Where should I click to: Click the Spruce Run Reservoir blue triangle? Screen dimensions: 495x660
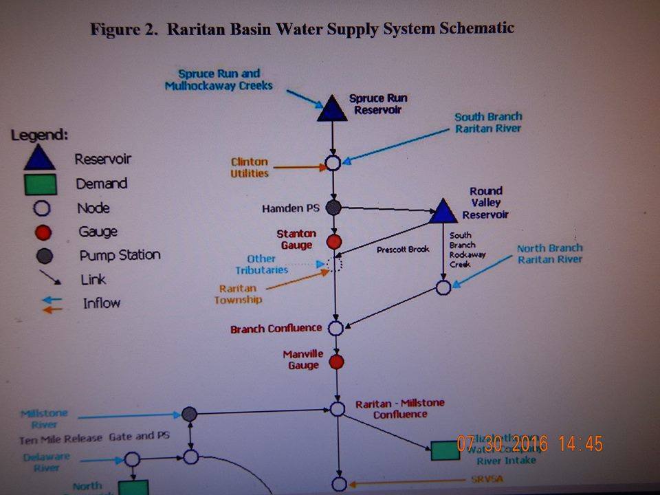tap(332, 109)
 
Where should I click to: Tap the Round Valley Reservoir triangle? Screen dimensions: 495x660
tap(443, 211)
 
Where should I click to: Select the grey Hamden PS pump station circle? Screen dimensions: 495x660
tap(333, 206)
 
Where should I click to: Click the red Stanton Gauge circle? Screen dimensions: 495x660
tap(334, 241)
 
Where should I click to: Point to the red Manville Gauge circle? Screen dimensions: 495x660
tap(336, 362)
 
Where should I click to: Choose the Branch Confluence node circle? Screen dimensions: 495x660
tap(335, 328)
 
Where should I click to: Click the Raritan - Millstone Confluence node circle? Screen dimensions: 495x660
tap(338, 408)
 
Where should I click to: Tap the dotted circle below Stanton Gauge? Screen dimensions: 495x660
tap(335, 265)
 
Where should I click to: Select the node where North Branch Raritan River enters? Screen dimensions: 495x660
tap(443, 287)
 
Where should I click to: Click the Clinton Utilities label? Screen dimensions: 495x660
tap(250, 168)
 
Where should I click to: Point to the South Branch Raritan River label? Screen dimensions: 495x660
tap(488, 122)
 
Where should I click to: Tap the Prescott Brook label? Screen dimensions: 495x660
tap(403, 250)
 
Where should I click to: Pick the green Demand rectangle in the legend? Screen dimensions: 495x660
tap(39, 184)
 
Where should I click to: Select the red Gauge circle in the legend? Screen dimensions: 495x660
tap(39, 232)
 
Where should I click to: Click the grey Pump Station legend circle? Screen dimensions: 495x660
tap(39, 256)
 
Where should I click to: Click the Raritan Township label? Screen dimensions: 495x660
tap(238, 294)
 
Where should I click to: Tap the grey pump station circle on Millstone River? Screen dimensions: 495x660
tap(190, 414)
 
